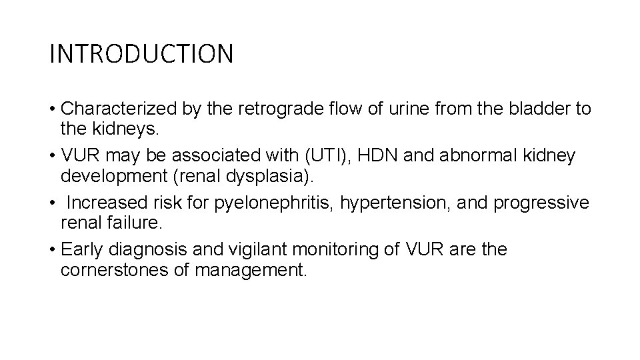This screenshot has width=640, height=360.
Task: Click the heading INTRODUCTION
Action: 141,54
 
